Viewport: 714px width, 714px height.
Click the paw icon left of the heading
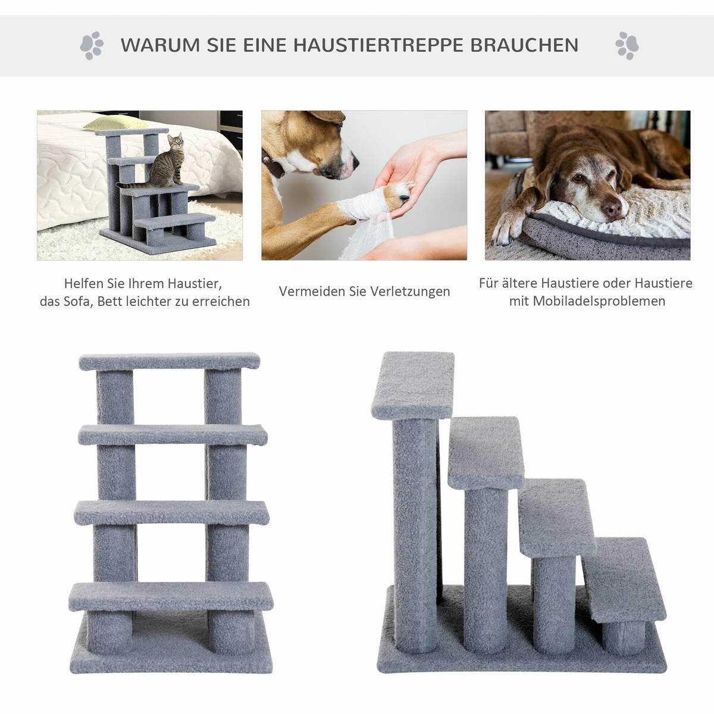coord(92,45)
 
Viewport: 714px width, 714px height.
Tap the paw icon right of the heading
coord(627,45)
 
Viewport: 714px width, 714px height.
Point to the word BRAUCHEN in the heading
coord(525,45)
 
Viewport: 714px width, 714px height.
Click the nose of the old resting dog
coord(612,209)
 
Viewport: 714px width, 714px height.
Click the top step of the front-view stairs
coord(170,361)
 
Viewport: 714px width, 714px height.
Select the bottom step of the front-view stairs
coord(171,596)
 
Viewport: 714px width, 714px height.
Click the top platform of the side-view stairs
coord(413,384)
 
